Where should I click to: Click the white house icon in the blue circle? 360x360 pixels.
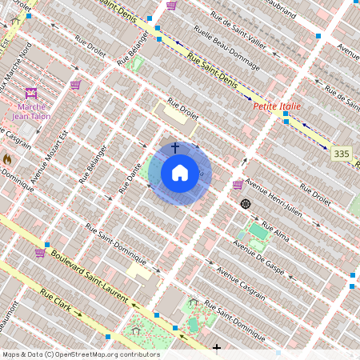[180, 173]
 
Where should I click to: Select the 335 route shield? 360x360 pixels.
[342, 153]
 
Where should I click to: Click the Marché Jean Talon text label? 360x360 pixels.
[30, 110]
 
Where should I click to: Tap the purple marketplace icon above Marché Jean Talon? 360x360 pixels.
[31, 92]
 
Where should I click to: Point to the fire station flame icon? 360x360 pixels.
[7, 159]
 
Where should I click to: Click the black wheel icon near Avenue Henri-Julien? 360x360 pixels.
[246, 204]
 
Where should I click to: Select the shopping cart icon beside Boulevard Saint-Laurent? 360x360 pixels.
[40, 253]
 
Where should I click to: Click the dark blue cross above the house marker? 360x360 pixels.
[175, 148]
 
